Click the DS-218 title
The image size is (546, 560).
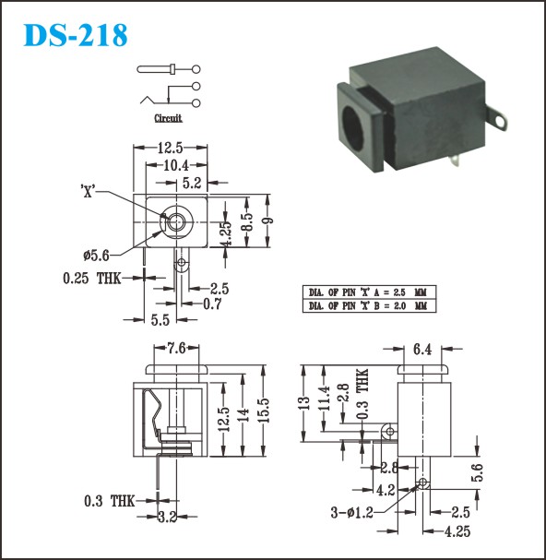[76, 35]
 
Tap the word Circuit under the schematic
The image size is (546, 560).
[168, 118]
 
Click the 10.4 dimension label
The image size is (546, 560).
[176, 165]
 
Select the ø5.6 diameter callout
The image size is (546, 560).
[96, 255]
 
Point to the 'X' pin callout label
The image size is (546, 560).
[88, 192]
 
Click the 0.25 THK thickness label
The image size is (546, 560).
[92, 279]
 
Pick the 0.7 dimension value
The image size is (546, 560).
[212, 304]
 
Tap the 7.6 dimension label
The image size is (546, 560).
[176, 348]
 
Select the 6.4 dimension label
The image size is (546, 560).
[422, 350]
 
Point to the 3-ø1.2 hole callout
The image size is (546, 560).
[351, 513]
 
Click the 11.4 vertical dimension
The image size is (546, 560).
[324, 399]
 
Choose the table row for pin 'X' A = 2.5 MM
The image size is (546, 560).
[369, 292]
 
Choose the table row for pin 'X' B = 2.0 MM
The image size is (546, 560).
[369, 306]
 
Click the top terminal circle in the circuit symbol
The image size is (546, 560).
[196, 69]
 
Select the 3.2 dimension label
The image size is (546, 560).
[168, 517]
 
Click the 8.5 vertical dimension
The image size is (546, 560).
[247, 221]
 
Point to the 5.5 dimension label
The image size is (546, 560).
[160, 320]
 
